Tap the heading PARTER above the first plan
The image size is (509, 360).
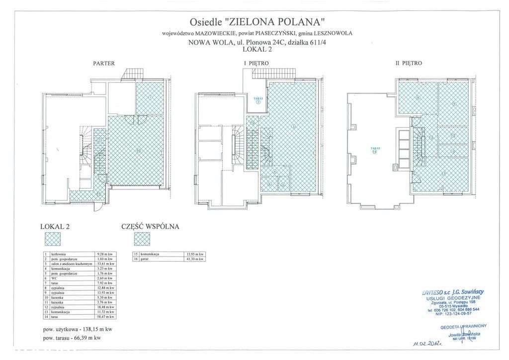(x=104, y=63)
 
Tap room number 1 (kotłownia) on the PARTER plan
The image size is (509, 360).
(x=150, y=97)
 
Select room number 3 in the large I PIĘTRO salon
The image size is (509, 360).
(x=294, y=126)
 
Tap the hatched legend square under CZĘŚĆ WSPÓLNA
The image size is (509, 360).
(x=142, y=240)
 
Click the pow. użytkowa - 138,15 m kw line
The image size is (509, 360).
(x=78, y=329)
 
